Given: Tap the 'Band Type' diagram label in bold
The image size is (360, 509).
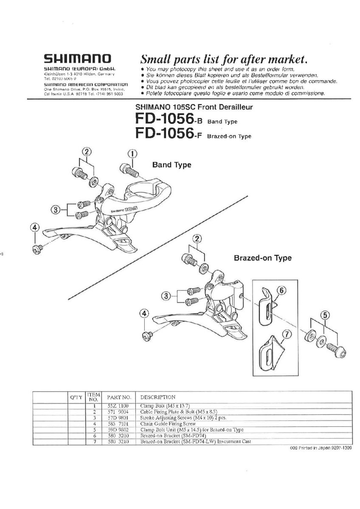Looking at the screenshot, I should click(172, 165).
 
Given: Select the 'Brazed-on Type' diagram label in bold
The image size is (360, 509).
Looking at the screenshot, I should click(263, 258).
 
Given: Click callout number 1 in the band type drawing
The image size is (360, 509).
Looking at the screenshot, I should click(132, 154).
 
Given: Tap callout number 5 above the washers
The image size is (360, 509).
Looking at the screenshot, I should click(325, 315).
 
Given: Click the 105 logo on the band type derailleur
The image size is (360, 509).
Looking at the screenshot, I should click(124, 209).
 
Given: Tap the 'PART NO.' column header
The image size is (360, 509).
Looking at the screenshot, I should click(118, 397).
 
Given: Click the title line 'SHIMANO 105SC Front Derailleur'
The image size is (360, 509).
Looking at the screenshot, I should click(194, 107).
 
